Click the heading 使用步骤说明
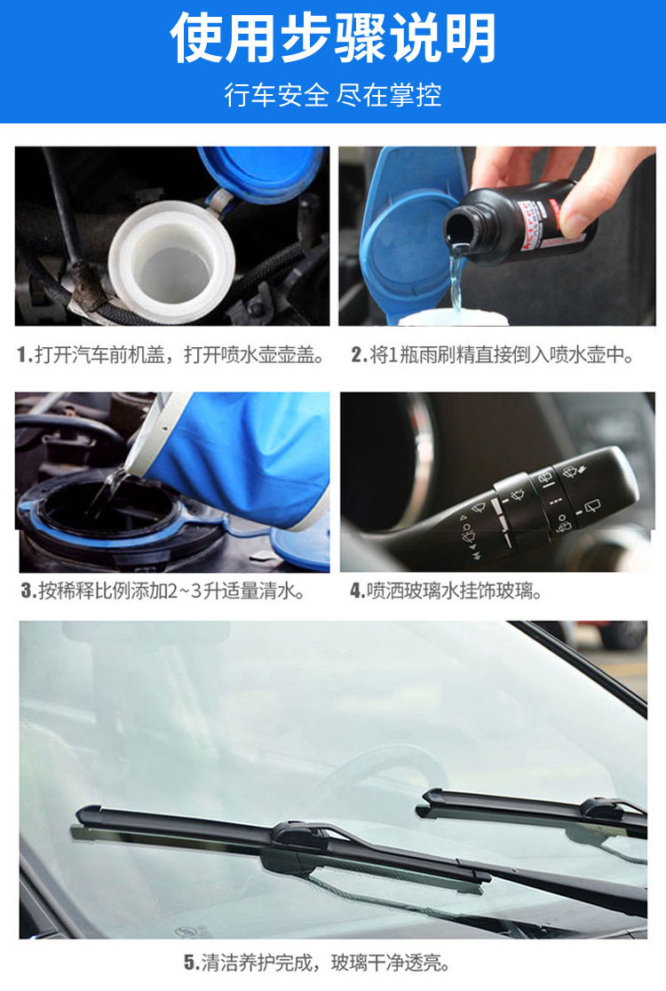333,38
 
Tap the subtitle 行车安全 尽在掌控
333,95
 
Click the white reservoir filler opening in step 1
171,261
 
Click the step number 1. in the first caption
25,355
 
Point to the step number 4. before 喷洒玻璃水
357,591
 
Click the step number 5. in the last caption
192,963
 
